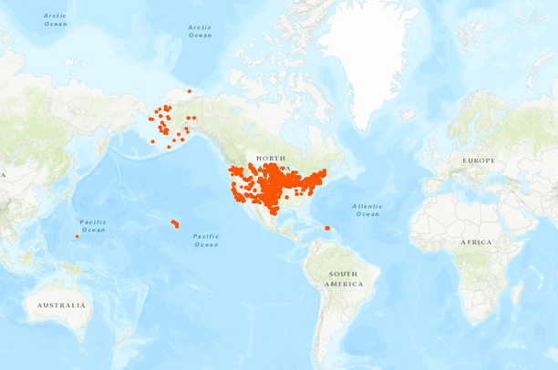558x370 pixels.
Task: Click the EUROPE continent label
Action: pos(478,160)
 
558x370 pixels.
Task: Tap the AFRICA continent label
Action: pos(474,242)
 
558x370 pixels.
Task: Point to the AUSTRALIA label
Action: pos(62,305)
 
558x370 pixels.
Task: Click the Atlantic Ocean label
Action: pos(367,210)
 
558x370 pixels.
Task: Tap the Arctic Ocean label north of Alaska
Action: pos(200,31)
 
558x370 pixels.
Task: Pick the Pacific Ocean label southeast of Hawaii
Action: pos(206,240)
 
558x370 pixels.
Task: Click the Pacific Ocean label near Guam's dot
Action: pos(93,226)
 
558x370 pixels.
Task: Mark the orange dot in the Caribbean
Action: pos(327,228)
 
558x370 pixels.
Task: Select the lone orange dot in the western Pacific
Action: pos(77,237)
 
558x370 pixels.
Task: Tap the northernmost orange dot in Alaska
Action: pos(190,90)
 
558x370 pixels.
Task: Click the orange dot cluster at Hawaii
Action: pos(175,224)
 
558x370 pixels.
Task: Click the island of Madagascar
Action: pos(517,292)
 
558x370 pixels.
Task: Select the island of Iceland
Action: pos(407,115)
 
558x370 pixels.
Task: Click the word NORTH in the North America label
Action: pos(270,159)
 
